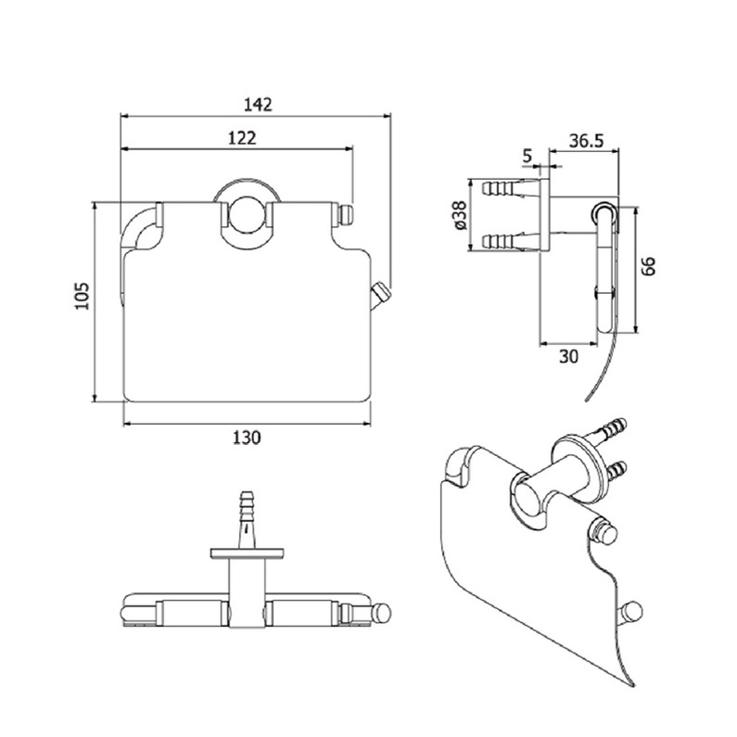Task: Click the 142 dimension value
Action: tap(258, 104)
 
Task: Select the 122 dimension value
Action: tap(242, 138)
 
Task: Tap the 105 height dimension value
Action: tap(82, 296)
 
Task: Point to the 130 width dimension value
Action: tap(247, 438)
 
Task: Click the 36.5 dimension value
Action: tap(586, 140)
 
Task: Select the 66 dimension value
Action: tap(648, 266)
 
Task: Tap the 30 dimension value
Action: tap(568, 357)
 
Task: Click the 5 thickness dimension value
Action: tap(527, 155)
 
